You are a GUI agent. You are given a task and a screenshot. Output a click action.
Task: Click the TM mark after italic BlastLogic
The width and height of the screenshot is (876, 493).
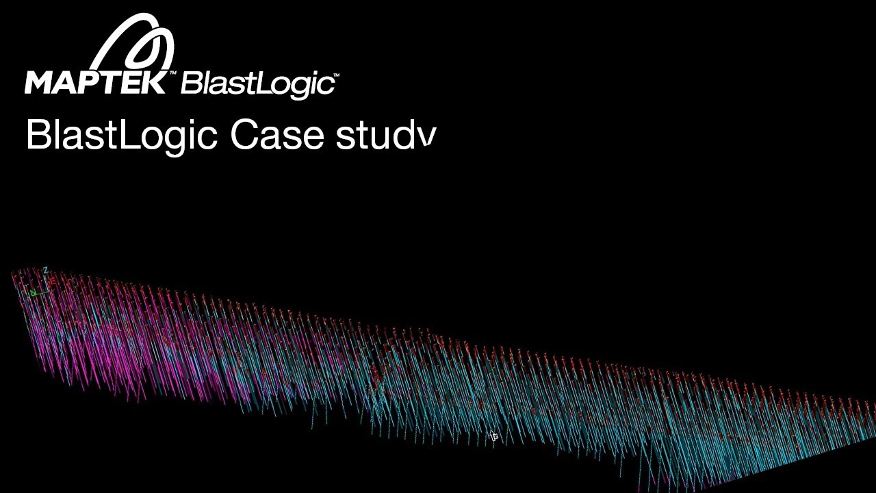335,76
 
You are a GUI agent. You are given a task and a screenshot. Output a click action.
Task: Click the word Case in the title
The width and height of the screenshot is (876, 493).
277,135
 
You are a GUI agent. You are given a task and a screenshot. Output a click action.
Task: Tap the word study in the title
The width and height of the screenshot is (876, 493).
385,135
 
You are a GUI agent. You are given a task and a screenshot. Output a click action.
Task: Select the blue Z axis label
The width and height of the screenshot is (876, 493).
45,270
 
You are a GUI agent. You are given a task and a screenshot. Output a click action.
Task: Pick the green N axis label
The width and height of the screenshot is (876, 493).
32,293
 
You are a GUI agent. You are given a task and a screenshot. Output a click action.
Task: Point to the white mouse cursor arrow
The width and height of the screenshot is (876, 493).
492,435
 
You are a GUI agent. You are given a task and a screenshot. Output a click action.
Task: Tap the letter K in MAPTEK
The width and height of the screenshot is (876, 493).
155,81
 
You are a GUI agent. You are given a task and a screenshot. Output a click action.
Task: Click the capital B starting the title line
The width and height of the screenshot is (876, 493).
36,135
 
